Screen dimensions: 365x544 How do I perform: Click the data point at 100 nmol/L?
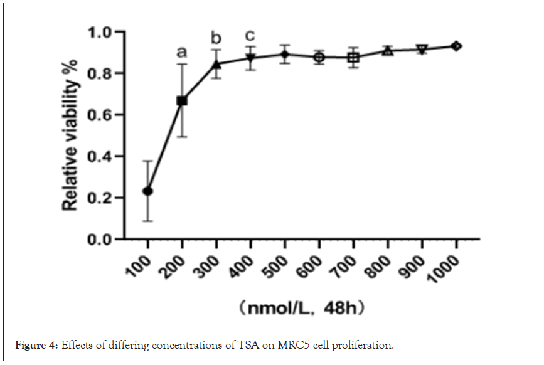[x=147, y=191]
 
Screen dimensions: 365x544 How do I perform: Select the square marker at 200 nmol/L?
[x=182, y=100]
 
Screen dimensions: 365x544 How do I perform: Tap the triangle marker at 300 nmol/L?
[x=216, y=64]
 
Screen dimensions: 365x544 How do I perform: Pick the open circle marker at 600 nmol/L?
[x=319, y=57]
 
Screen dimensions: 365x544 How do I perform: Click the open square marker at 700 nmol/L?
[x=354, y=58]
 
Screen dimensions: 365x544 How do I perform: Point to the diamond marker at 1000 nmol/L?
[x=457, y=46]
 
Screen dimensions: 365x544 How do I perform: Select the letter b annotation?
[x=216, y=37]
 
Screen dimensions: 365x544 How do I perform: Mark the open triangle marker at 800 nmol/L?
[x=388, y=50]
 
